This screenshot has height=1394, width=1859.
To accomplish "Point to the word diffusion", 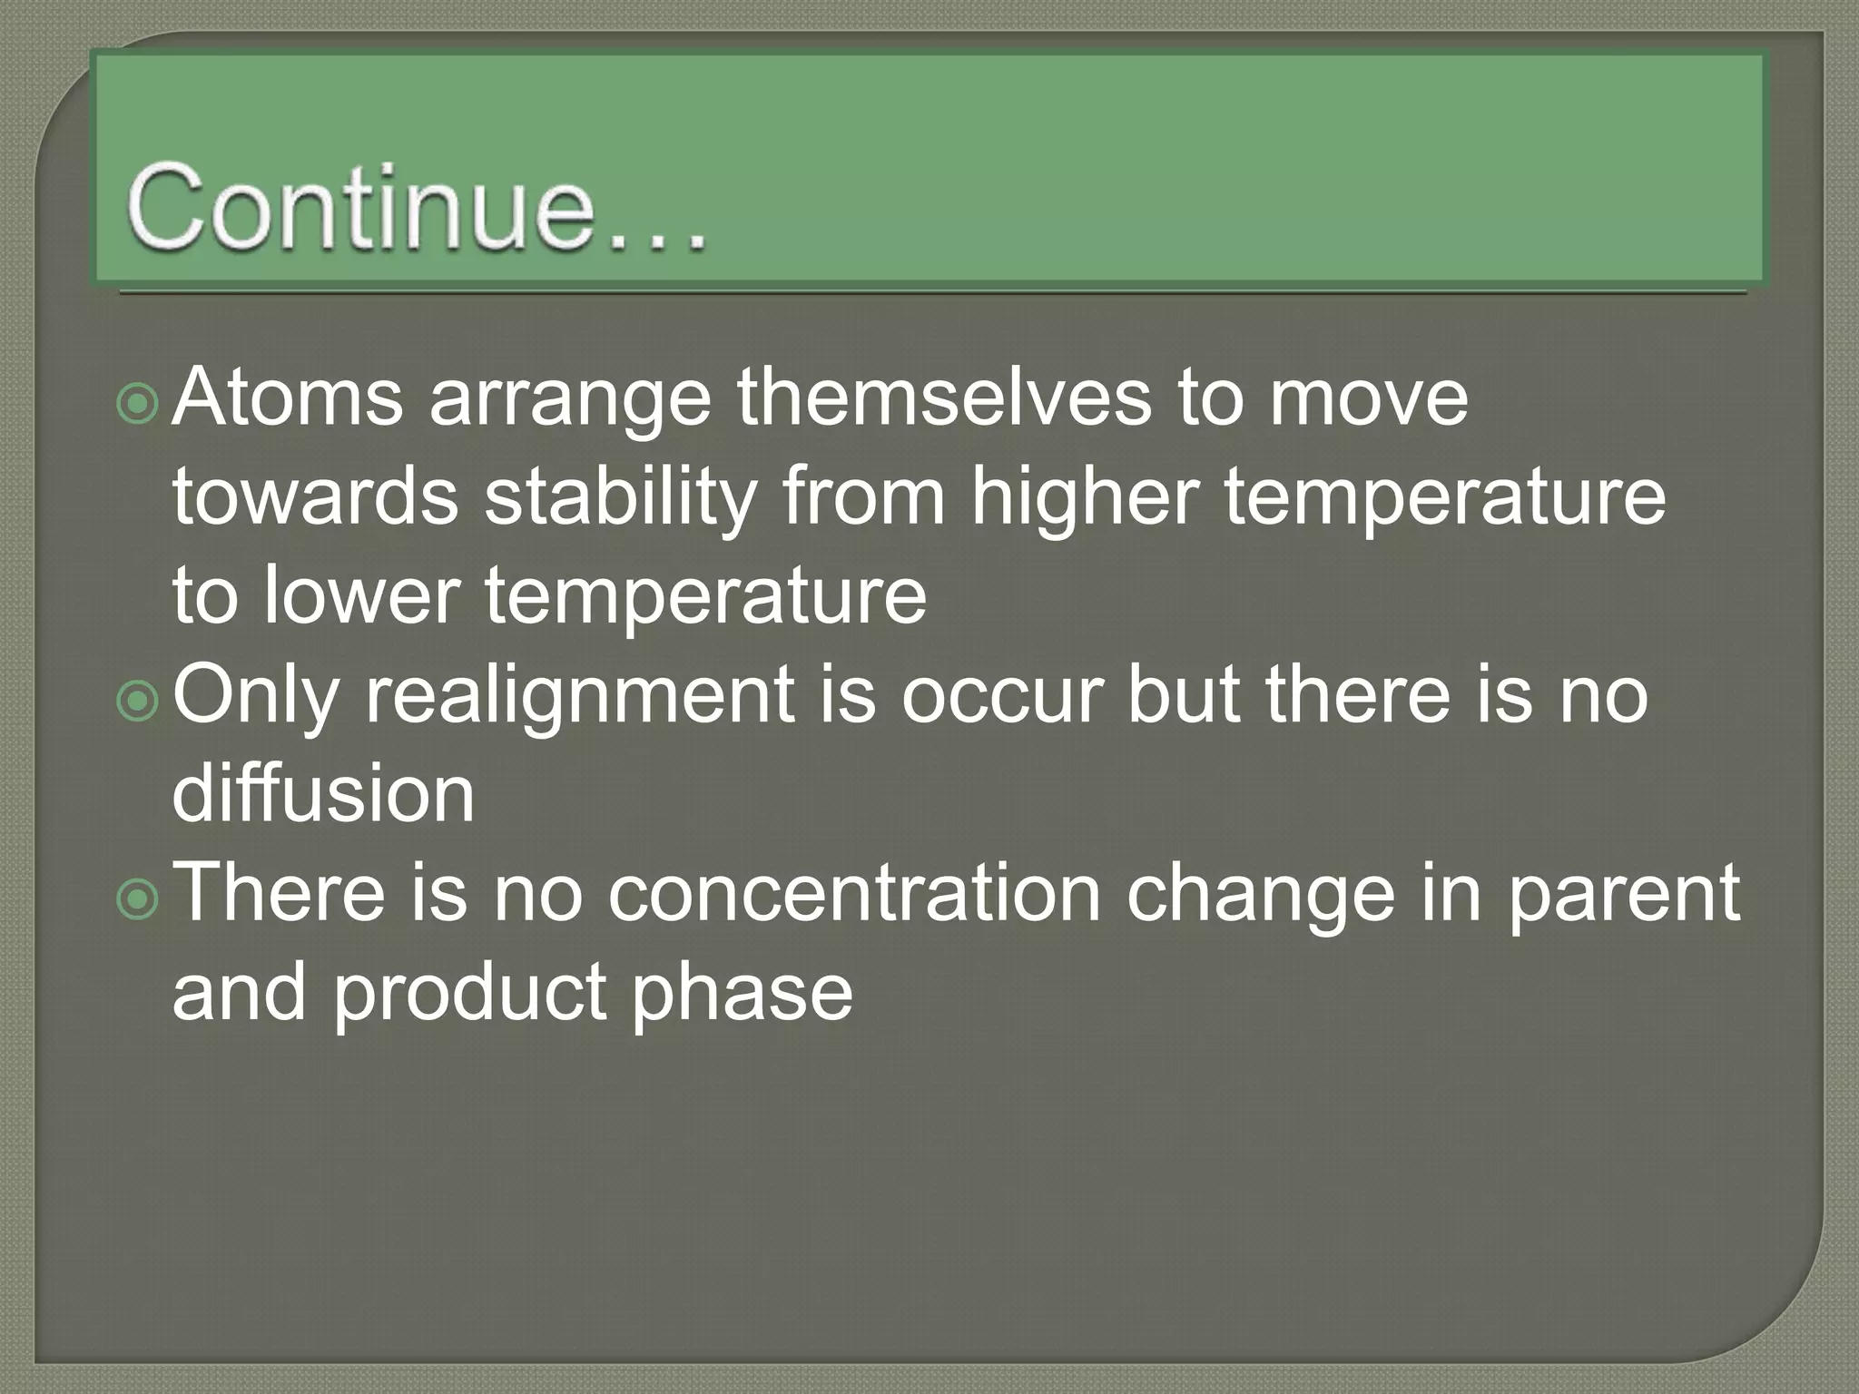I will coord(323,794).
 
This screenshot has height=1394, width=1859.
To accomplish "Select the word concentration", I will coord(853,893).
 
